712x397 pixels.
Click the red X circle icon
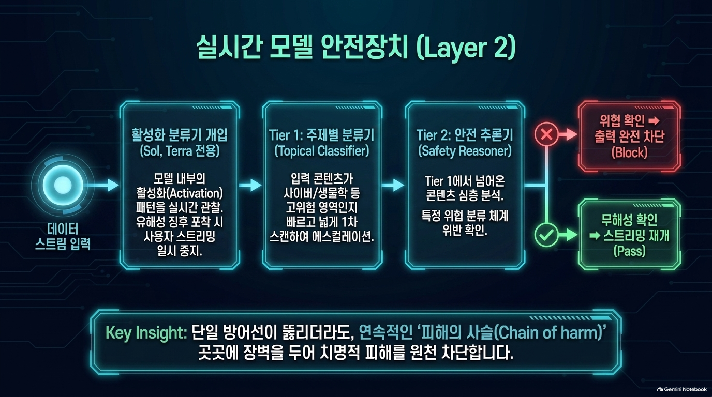point(546,135)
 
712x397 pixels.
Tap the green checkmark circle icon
point(546,235)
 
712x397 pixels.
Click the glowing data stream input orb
point(59,186)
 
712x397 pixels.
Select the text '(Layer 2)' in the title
point(465,48)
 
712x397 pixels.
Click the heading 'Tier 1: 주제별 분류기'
point(322,135)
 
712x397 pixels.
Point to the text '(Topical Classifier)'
point(322,151)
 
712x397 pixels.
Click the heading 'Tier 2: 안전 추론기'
point(465,135)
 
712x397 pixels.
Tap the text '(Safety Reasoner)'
point(465,151)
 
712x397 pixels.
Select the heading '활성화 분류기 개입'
point(180,135)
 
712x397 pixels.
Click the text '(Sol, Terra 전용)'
point(180,151)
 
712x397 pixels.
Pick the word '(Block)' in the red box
point(629,153)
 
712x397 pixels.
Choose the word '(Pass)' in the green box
point(629,251)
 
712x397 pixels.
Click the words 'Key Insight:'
point(146,333)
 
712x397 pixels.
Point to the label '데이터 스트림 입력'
point(63,237)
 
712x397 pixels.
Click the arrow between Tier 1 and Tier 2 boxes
point(393,185)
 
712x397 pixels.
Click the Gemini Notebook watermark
point(682,389)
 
